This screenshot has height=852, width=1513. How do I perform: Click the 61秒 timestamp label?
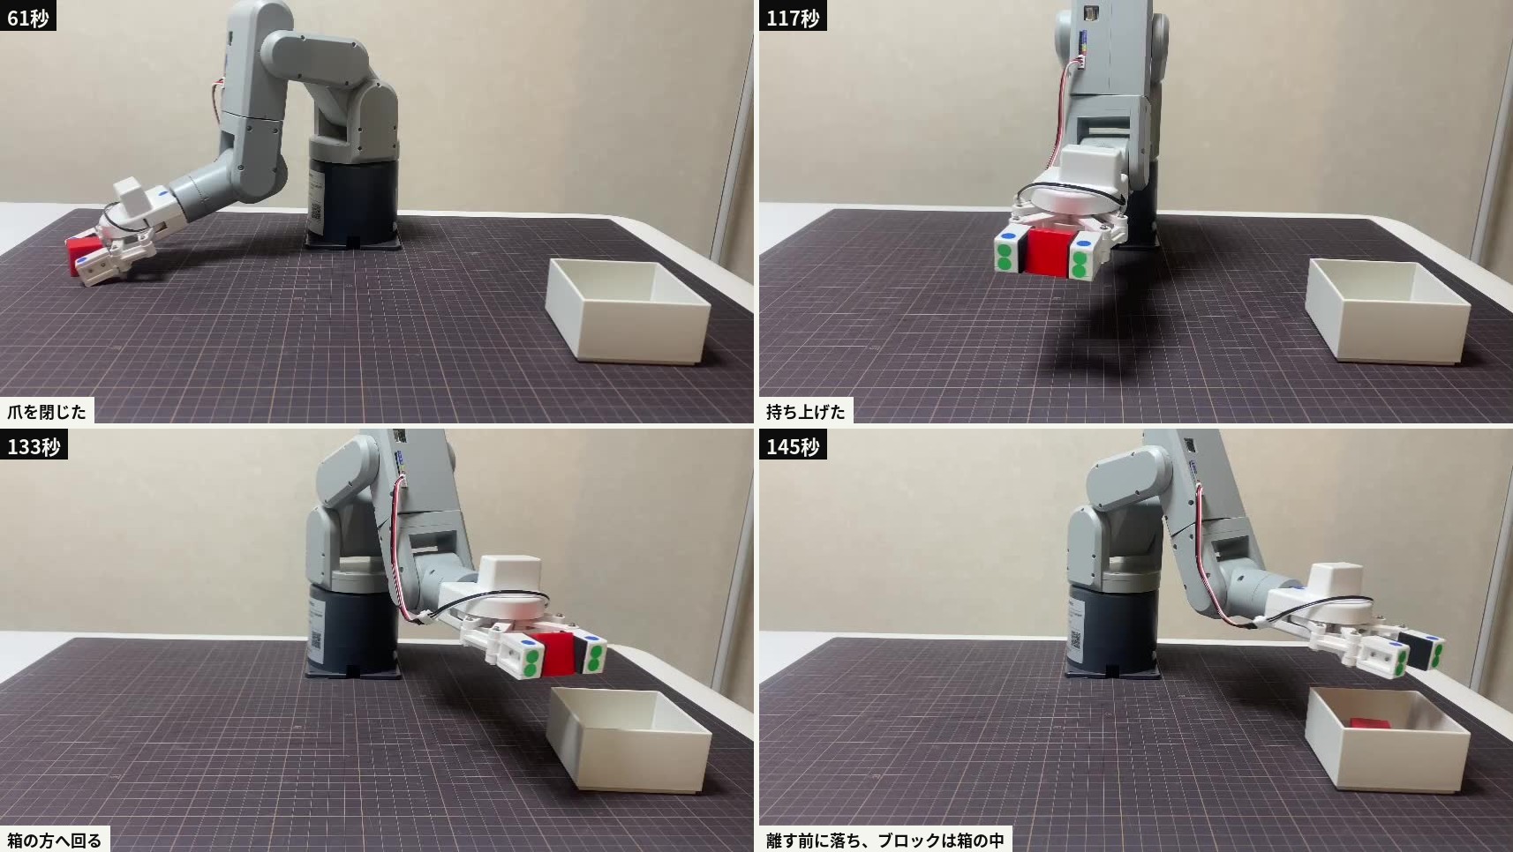pyautogui.click(x=27, y=16)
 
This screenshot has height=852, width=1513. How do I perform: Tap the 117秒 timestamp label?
pyautogui.click(x=793, y=16)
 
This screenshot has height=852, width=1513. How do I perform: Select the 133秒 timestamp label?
pyautogui.click(x=34, y=445)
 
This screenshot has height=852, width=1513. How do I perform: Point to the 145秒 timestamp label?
pyautogui.click(x=793, y=445)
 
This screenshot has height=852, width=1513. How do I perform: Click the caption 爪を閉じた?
pyautogui.click(x=47, y=411)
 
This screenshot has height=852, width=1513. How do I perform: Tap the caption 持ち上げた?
pyautogui.click(x=806, y=411)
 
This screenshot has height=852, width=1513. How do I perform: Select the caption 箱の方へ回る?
pyautogui.click(x=54, y=840)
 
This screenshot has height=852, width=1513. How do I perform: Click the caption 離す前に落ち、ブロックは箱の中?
pyautogui.click(x=885, y=840)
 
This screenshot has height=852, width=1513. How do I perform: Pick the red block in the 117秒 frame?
pyautogui.click(x=1048, y=251)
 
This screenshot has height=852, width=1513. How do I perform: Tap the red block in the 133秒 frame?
pyautogui.click(x=557, y=654)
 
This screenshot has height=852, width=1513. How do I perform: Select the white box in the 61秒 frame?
pyautogui.click(x=628, y=310)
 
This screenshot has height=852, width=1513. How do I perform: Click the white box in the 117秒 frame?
pyautogui.click(x=1388, y=310)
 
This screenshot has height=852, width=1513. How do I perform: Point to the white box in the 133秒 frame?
pyautogui.click(x=629, y=739)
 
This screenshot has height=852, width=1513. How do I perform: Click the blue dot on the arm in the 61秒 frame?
pyautogui.click(x=162, y=194)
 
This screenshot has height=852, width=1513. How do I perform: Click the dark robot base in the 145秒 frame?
pyautogui.click(x=1112, y=632)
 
